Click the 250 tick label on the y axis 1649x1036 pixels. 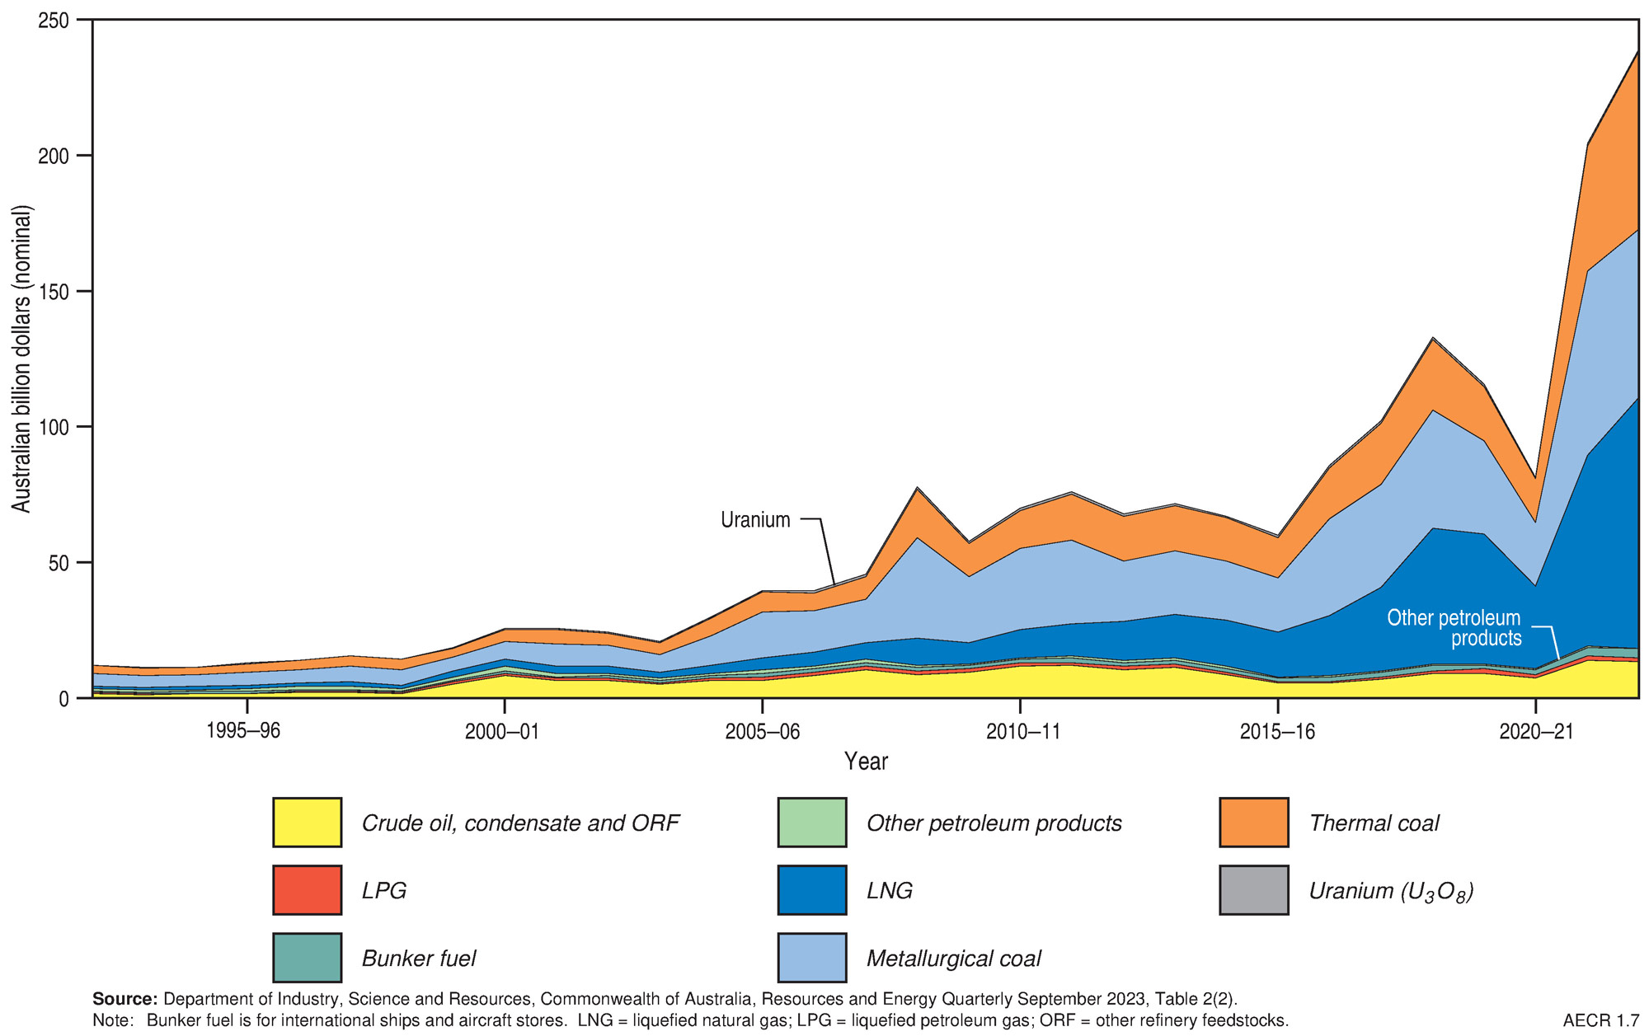coord(54,20)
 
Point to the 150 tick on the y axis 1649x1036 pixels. coord(54,292)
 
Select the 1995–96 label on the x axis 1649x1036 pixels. coord(244,731)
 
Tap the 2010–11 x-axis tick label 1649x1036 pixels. coord(1022,731)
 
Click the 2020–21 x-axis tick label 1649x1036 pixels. coord(1536,731)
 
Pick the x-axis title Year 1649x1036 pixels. coord(866,762)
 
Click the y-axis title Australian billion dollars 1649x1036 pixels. coord(21,359)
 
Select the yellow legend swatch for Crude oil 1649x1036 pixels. coord(307,823)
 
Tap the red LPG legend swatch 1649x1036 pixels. coord(307,890)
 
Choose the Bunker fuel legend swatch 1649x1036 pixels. coord(307,958)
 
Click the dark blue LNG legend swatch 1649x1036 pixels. coord(811,890)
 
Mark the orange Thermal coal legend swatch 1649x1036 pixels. coord(1253,823)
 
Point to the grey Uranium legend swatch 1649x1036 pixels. coord(1253,890)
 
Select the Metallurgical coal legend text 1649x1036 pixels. coord(953,959)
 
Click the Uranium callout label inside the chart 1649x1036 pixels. coord(755,520)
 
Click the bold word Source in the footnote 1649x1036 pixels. coord(124,1000)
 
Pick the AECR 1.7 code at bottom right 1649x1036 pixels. coord(1600,1021)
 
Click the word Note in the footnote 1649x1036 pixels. coord(112,1021)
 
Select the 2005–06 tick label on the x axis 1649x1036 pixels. coord(763,731)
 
